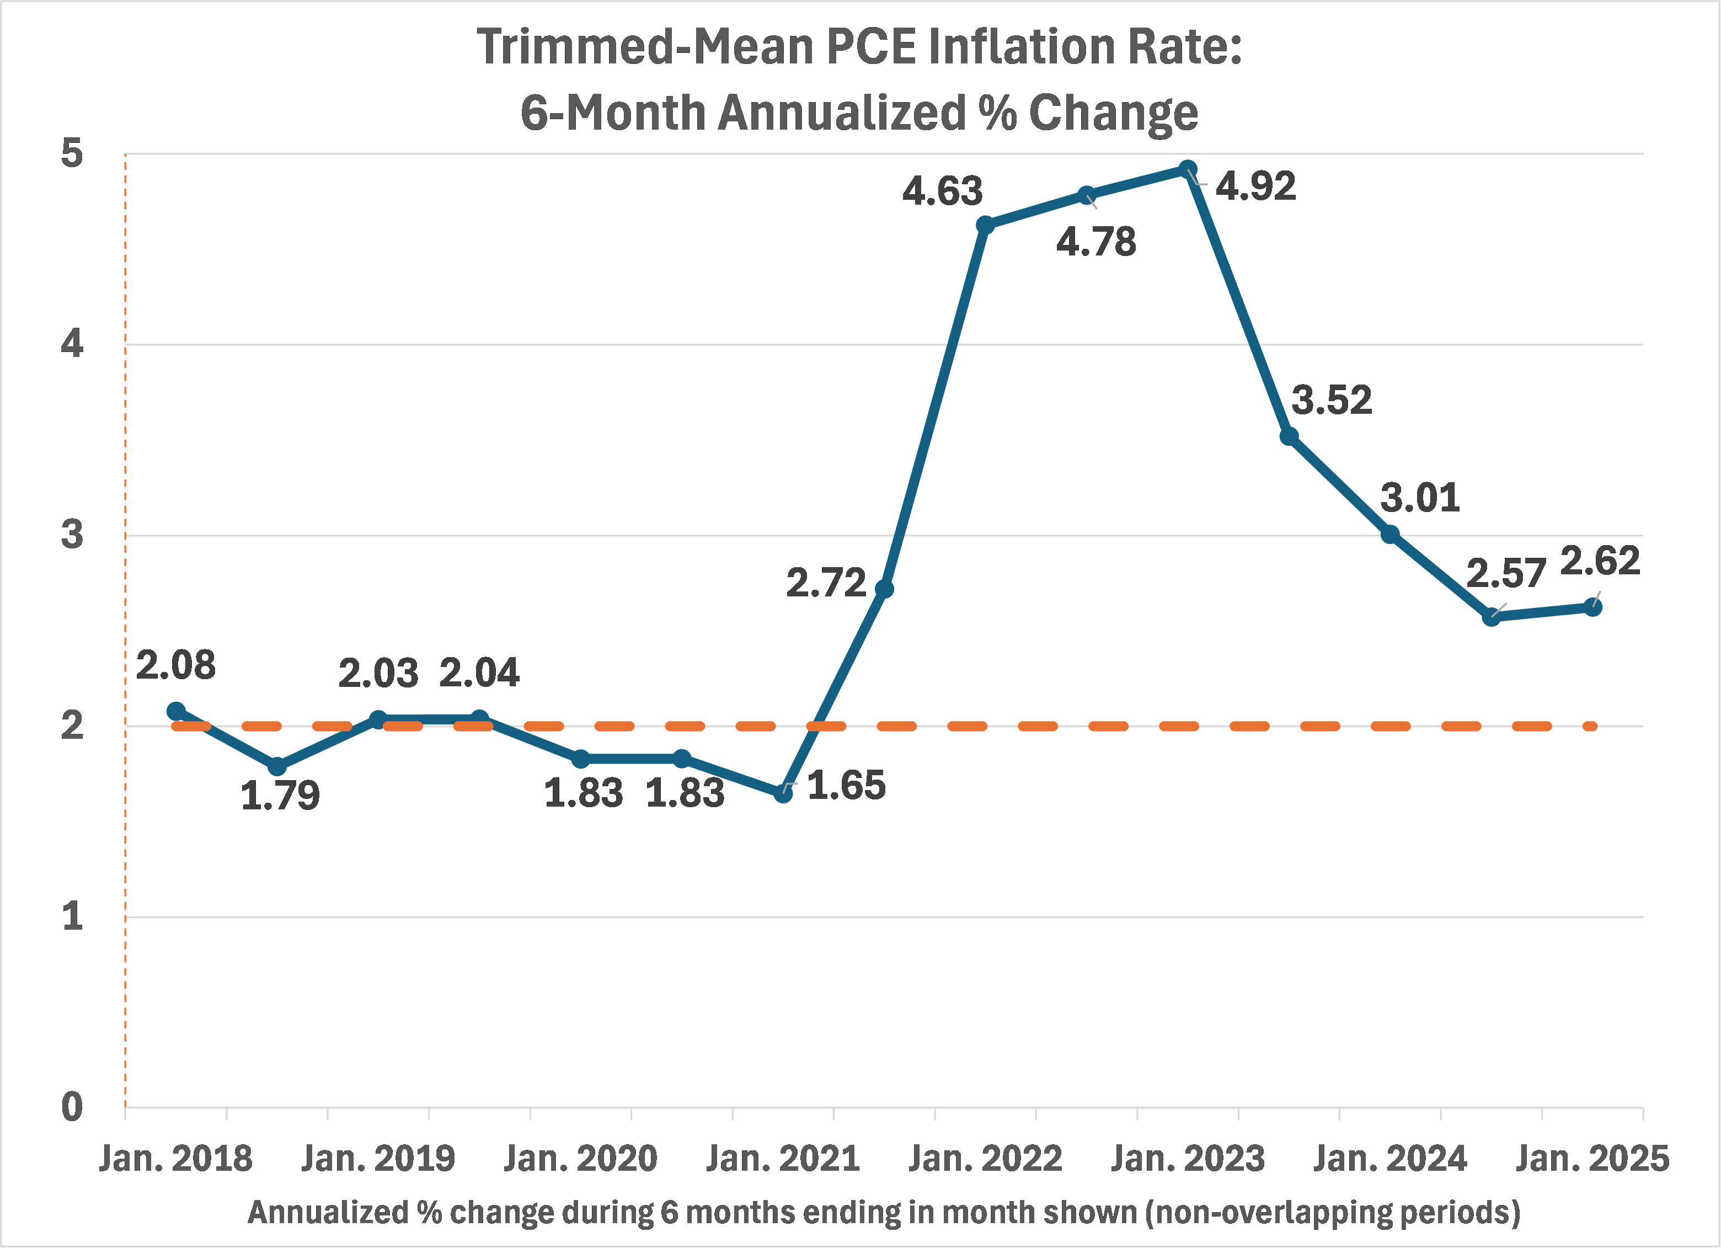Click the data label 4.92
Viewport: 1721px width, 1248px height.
[x=1256, y=186]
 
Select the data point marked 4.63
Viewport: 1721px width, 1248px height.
[x=985, y=225]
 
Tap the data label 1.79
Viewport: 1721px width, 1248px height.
[x=280, y=796]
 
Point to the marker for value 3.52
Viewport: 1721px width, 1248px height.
[x=1289, y=436]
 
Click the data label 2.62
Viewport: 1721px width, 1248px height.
[x=1600, y=561]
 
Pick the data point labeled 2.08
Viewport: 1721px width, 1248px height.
[x=176, y=711]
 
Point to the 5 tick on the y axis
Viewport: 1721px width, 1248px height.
[x=72, y=153]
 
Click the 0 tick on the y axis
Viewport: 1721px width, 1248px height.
[x=72, y=1107]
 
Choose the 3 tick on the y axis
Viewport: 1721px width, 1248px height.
[x=72, y=535]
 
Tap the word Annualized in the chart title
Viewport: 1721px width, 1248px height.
[x=842, y=113]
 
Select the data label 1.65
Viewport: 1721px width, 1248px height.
[x=846, y=785]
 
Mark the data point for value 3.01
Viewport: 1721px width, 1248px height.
[x=1390, y=535]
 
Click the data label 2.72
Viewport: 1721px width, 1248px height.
[x=826, y=583]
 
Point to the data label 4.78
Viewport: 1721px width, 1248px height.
[x=1095, y=242]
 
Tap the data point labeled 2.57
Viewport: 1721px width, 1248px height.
[x=1491, y=617]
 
